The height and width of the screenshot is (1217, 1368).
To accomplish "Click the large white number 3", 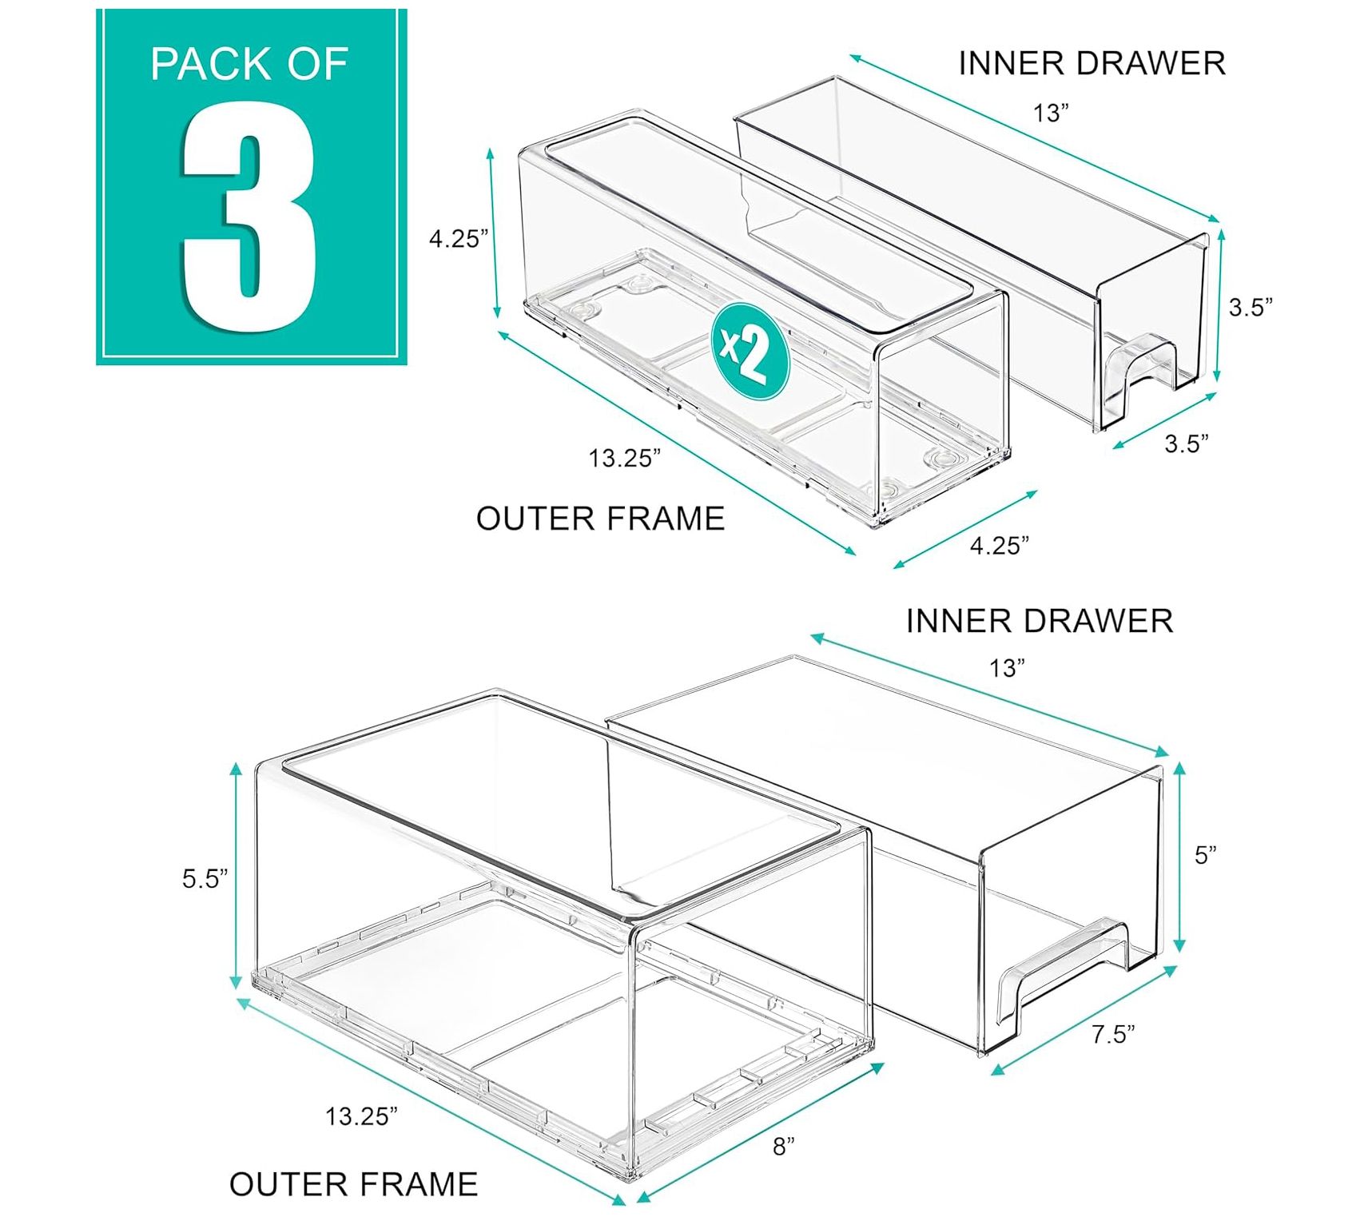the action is click(249, 217).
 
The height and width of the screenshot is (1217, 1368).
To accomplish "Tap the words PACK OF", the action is click(249, 64).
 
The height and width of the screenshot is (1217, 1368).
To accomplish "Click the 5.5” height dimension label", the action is click(205, 879).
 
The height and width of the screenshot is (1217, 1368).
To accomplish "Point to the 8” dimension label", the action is click(784, 1147).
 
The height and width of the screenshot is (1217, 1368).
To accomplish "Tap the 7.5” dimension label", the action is click(1113, 1035).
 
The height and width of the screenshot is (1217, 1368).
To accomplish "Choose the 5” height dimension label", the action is click(1205, 855).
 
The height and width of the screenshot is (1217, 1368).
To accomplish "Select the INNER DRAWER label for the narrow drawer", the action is click(1092, 64).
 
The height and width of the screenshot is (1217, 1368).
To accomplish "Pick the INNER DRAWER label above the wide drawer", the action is click(1039, 621).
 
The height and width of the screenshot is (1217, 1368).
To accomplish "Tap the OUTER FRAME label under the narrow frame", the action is click(600, 519).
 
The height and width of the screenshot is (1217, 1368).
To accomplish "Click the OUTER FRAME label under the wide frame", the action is click(353, 1183).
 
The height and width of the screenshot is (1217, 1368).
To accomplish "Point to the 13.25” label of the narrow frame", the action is click(625, 459).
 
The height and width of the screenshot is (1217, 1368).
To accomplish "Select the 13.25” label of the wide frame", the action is click(361, 1116).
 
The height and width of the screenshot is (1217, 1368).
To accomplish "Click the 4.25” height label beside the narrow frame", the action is click(458, 239).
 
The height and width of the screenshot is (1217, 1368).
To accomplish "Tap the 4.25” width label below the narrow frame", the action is click(1000, 546).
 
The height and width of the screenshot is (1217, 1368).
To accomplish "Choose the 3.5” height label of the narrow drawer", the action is click(1251, 307).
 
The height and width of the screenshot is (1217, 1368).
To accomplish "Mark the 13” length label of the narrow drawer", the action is click(1051, 113).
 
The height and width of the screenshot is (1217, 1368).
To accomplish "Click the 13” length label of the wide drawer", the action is click(1007, 668).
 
